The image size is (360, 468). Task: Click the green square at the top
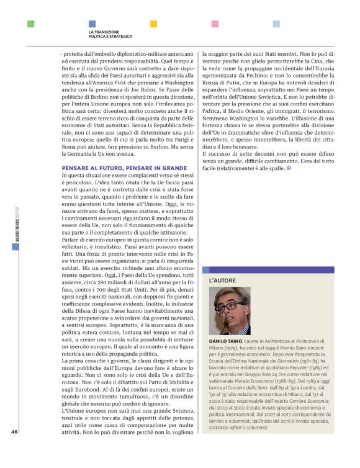click(31, 24)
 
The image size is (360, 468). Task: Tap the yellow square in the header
click(154, 24)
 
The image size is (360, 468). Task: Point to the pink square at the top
click(215, 24)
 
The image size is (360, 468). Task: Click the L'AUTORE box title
click(223, 281)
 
